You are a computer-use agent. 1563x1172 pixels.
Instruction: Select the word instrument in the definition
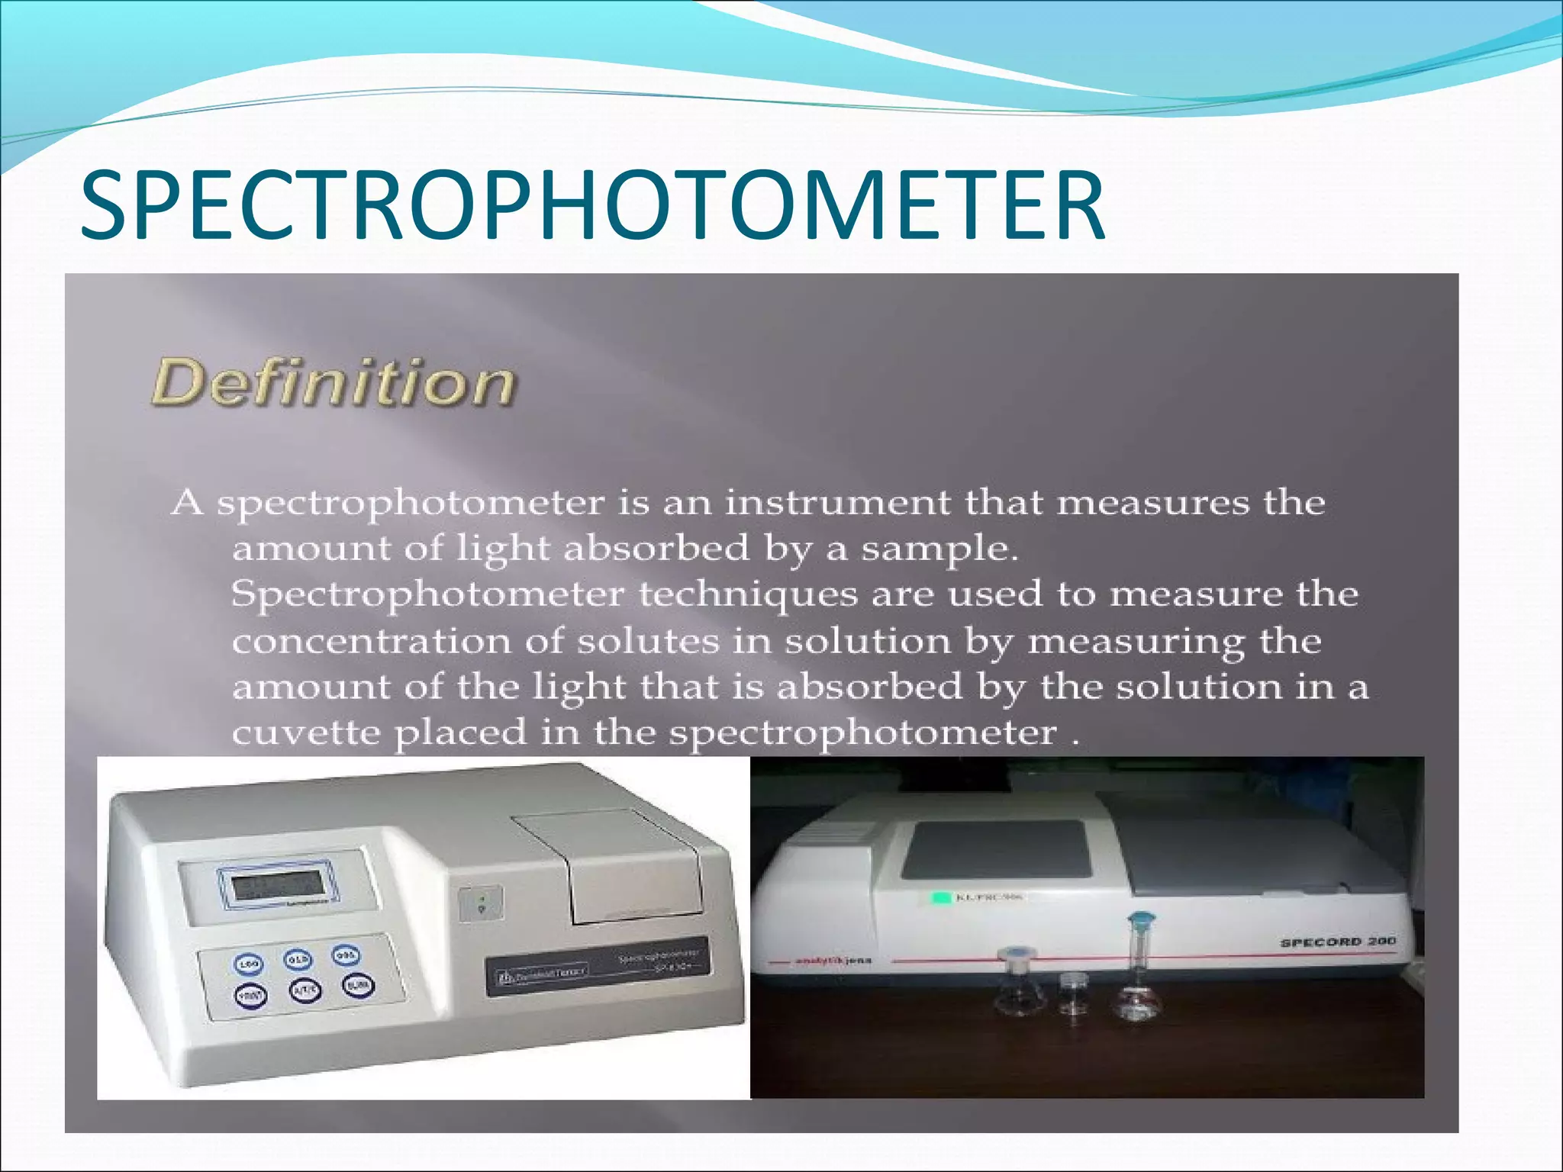(x=838, y=503)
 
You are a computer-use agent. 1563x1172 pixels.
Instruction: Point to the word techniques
(x=748, y=594)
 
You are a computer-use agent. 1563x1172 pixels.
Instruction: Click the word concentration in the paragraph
(x=372, y=641)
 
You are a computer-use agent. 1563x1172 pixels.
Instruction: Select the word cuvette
(x=306, y=733)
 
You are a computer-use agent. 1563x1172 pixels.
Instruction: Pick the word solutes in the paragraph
(x=648, y=641)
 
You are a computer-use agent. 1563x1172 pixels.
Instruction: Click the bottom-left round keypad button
(x=250, y=995)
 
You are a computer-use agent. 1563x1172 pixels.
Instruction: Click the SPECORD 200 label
(x=1337, y=942)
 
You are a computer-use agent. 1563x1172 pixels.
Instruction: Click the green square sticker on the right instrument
(x=942, y=898)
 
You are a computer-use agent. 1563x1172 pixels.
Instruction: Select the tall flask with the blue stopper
(x=1140, y=969)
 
